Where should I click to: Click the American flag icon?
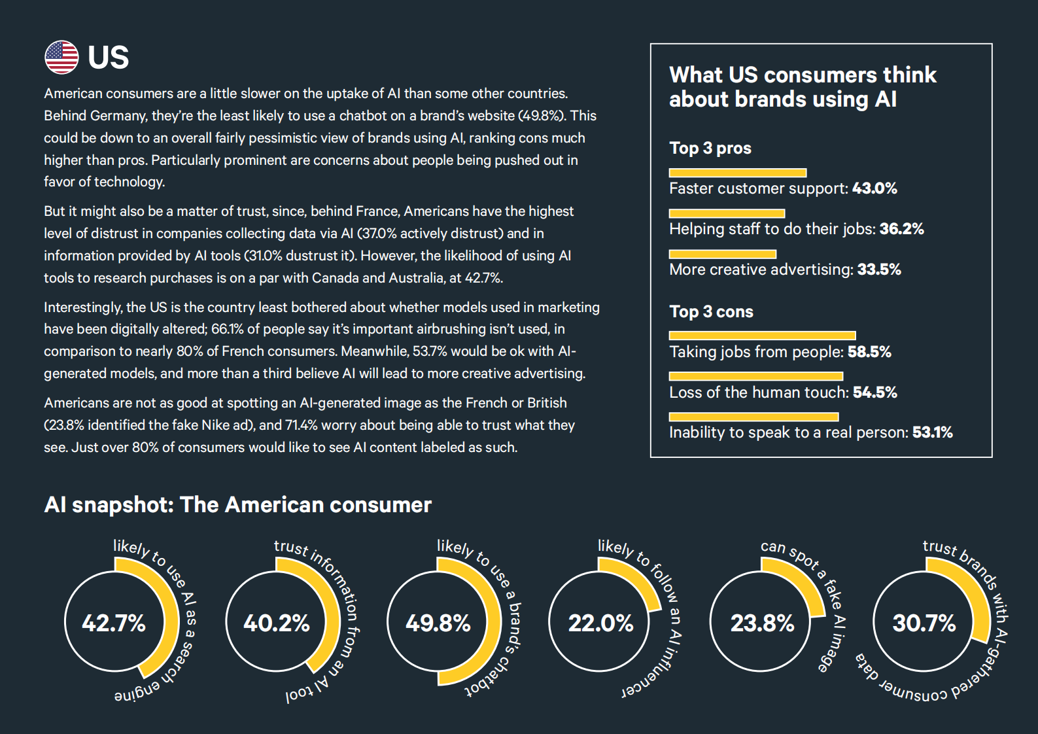[61, 58]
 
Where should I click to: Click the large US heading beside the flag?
[109, 58]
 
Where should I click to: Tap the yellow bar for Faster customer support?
[738, 173]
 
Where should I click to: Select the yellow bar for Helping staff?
[727, 213]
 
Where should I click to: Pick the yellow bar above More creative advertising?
[723, 254]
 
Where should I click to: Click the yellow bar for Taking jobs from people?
[762, 336]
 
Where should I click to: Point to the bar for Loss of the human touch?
[756, 376]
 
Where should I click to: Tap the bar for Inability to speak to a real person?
[754, 417]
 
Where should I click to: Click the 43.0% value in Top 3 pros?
[874, 188]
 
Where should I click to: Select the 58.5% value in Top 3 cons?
[869, 352]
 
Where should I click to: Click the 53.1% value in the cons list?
[932, 433]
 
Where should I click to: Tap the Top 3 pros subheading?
[710, 149]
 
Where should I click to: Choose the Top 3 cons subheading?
[712, 312]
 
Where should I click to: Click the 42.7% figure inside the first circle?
[114, 623]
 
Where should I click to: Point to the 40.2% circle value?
[277, 623]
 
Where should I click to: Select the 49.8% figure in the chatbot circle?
[438, 623]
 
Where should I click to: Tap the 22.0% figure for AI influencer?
[600, 623]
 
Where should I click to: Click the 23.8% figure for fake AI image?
[762, 623]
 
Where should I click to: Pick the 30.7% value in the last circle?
[924, 623]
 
